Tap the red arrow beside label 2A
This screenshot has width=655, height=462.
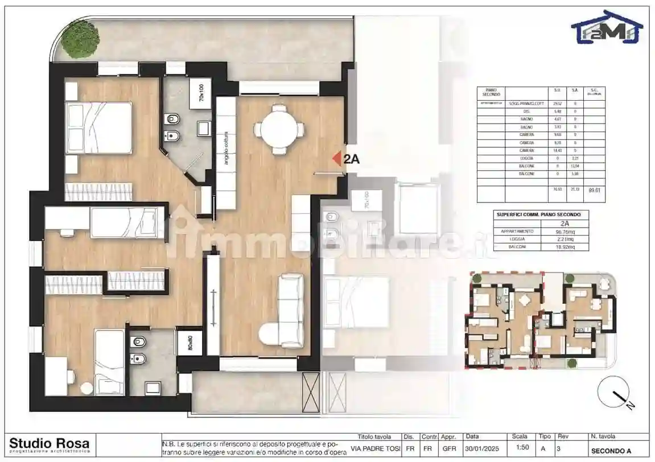pyautogui.click(x=336, y=159)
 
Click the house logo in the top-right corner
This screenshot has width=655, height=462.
pyautogui.click(x=607, y=27)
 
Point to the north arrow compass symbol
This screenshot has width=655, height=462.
pyautogui.click(x=615, y=394)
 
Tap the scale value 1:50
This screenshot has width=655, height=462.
pyautogui.click(x=520, y=448)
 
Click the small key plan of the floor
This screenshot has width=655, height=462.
pyautogui.click(x=541, y=320)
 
